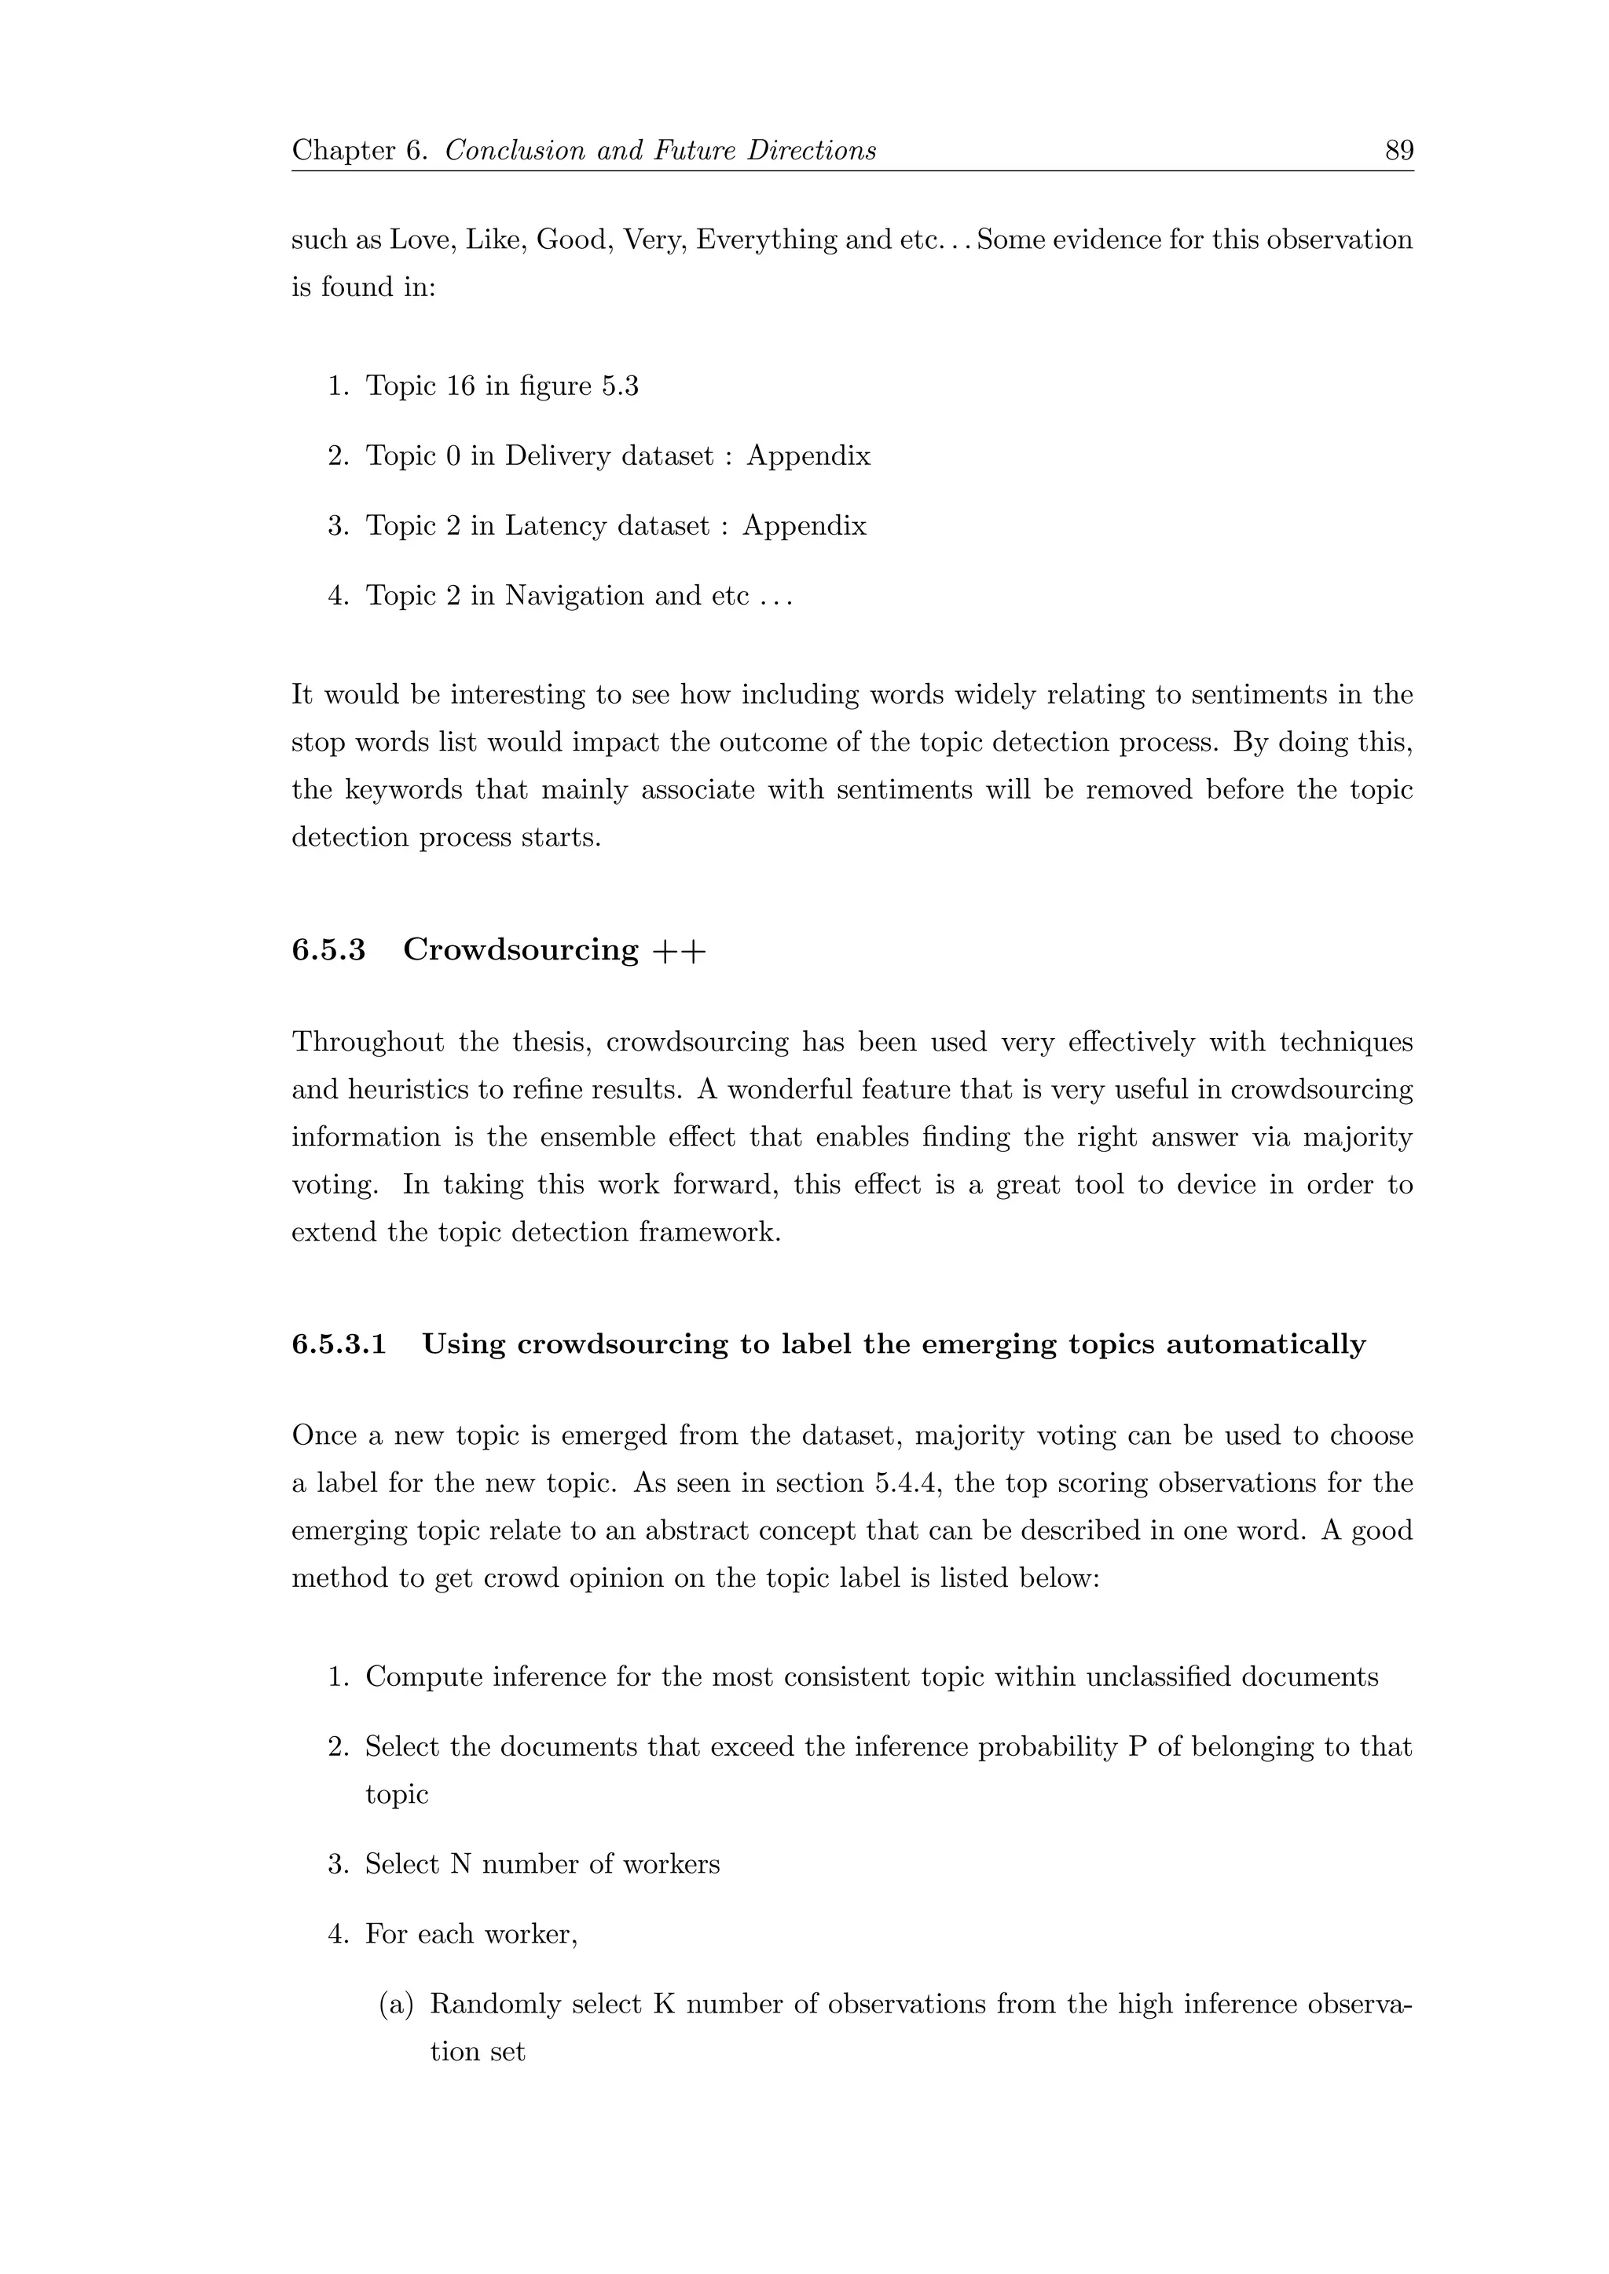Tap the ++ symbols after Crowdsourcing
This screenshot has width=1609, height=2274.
[x=680, y=951]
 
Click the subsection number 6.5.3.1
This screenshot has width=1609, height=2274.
[x=339, y=1344]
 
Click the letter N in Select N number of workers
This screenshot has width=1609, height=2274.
[x=460, y=1864]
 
